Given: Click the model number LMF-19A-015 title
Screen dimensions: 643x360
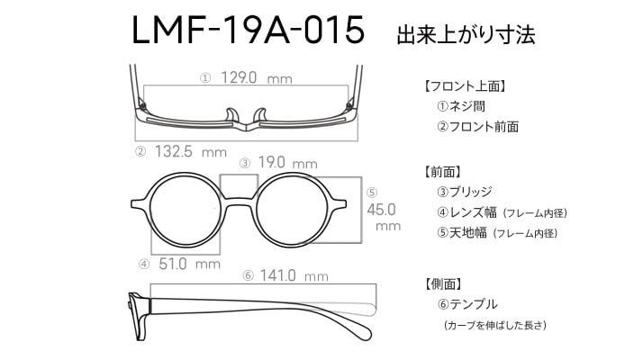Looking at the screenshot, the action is (x=248, y=30).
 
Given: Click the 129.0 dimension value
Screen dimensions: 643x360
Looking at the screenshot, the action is (x=239, y=77).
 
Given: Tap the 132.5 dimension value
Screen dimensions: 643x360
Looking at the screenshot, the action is (x=174, y=151).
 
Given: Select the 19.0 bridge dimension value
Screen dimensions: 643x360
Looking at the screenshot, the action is (x=271, y=162).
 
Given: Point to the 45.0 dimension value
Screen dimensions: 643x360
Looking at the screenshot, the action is (x=381, y=210).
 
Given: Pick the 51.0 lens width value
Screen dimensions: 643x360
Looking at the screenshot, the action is (x=173, y=264).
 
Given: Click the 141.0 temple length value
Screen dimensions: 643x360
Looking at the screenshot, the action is (x=277, y=275).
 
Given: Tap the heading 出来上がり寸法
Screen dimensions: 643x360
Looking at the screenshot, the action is (x=466, y=34).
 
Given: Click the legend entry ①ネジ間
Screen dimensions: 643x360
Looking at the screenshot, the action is (x=461, y=106).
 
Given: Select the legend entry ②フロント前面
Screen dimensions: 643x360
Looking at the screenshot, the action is (x=477, y=127).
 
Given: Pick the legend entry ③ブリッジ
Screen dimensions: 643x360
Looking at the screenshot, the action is (x=464, y=192).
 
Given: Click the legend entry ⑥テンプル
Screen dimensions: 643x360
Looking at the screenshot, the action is (x=467, y=304).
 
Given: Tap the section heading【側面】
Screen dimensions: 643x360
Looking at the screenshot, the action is (x=443, y=283).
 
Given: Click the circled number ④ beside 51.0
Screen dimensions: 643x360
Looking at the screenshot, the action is (x=144, y=265).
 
